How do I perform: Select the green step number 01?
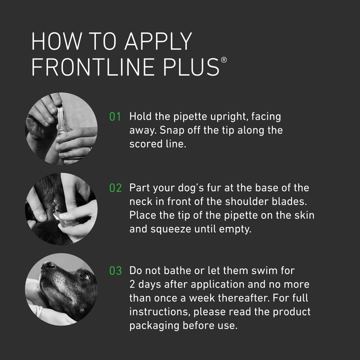tap(116, 117)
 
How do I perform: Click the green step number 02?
tap(116, 188)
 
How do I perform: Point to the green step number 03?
tap(116, 271)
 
